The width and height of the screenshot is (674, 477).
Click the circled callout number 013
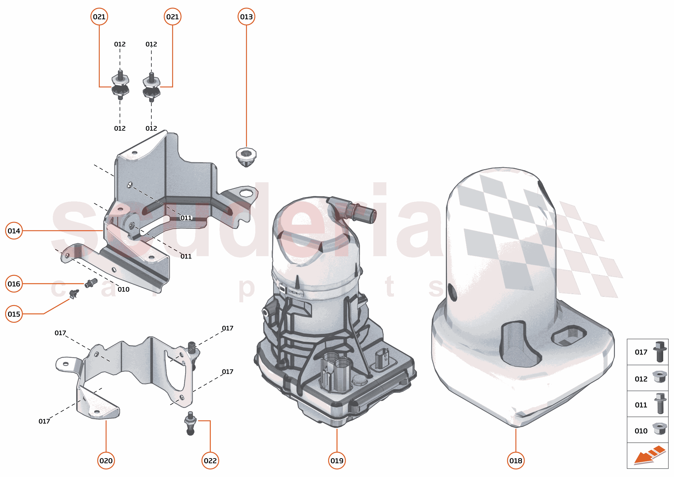[246, 17]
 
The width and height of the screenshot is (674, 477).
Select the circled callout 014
[14, 231]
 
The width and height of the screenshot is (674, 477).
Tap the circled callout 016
[14, 284]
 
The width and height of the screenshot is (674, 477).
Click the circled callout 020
[106, 461]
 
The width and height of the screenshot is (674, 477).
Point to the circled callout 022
[210, 461]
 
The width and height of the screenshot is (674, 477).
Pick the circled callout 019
[336, 461]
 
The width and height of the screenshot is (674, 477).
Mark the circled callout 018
[516, 461]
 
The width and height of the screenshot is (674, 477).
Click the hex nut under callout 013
[246, 156]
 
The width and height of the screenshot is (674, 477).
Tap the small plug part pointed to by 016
[91, 283]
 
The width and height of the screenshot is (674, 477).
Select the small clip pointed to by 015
[74, 293]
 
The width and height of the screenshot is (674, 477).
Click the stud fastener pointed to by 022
[190, 423]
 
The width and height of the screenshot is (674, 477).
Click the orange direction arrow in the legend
[649, 455]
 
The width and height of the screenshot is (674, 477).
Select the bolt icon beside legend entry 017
[660, 352]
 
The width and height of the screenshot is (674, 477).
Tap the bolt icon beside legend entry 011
[660, 404]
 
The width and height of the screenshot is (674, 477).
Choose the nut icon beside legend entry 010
[659, 429]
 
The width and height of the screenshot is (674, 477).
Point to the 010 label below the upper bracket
[123, 290]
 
